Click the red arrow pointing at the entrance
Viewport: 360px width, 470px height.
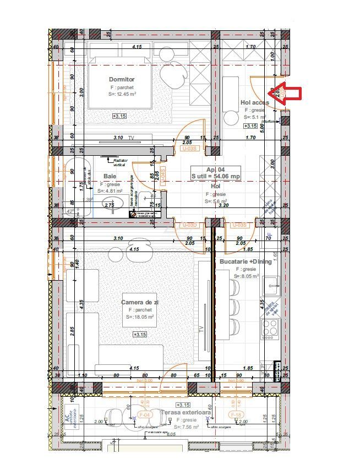click(287, 93)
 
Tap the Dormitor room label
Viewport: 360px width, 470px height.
click(122, 79)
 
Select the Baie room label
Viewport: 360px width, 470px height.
click(110, 176)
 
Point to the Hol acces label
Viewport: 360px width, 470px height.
click(255, 102)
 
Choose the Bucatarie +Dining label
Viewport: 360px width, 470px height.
click(245, 261)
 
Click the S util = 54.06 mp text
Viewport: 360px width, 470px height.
click(215, 176)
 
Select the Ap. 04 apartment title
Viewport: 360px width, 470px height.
click(215, 170)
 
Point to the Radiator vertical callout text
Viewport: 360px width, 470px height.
click(120, 162)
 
